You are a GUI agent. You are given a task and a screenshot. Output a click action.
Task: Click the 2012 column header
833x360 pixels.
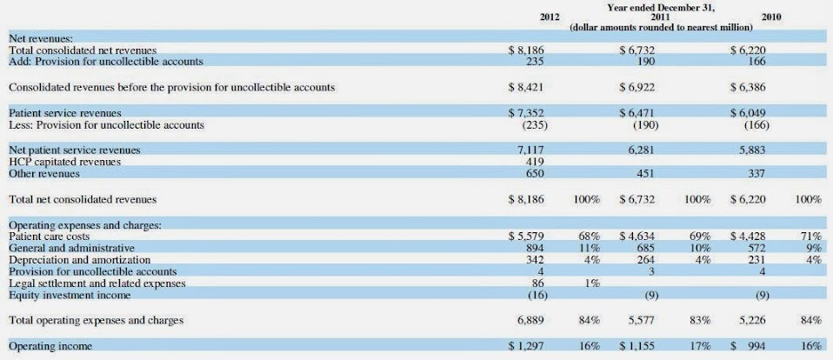point(550,17)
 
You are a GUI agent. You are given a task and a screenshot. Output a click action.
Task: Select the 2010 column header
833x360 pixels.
point(770,17)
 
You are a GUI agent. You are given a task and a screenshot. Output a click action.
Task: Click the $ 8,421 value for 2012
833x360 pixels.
point(525,88)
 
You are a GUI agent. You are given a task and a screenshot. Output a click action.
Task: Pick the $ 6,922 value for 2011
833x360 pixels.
point(636,88)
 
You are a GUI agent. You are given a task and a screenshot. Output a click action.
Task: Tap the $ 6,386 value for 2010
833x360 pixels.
point(748,88)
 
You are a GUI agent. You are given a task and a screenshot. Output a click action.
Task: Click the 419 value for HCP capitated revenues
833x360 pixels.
point(535,162)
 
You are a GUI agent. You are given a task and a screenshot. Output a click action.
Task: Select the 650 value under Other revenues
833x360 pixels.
point(535,174)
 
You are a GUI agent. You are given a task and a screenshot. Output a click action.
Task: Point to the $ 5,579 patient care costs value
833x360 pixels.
point(525,236)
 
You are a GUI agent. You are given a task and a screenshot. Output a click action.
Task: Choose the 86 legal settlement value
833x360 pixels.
point(537,283)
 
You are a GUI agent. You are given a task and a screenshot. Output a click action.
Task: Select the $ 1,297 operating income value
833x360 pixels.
point(525,346)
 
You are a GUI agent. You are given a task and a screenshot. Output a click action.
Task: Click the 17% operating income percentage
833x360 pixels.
point(698,346)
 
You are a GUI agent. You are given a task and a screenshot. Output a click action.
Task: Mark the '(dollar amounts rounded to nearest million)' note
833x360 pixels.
point(661,27)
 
